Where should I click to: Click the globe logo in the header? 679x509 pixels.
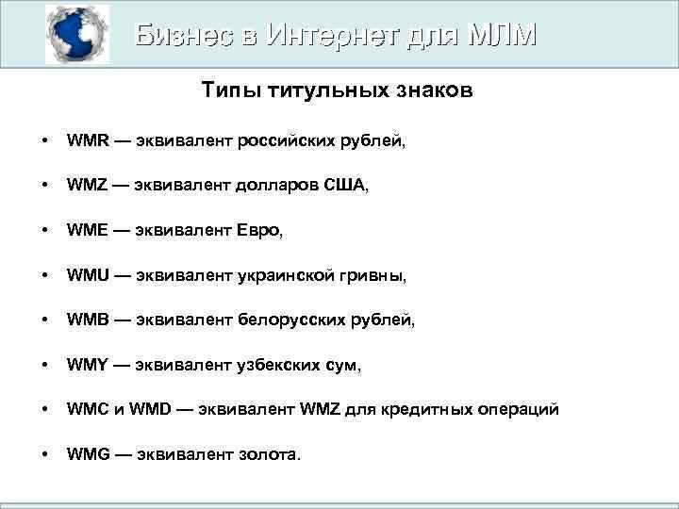coord(77,34)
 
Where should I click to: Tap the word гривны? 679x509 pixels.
coord(376,276)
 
